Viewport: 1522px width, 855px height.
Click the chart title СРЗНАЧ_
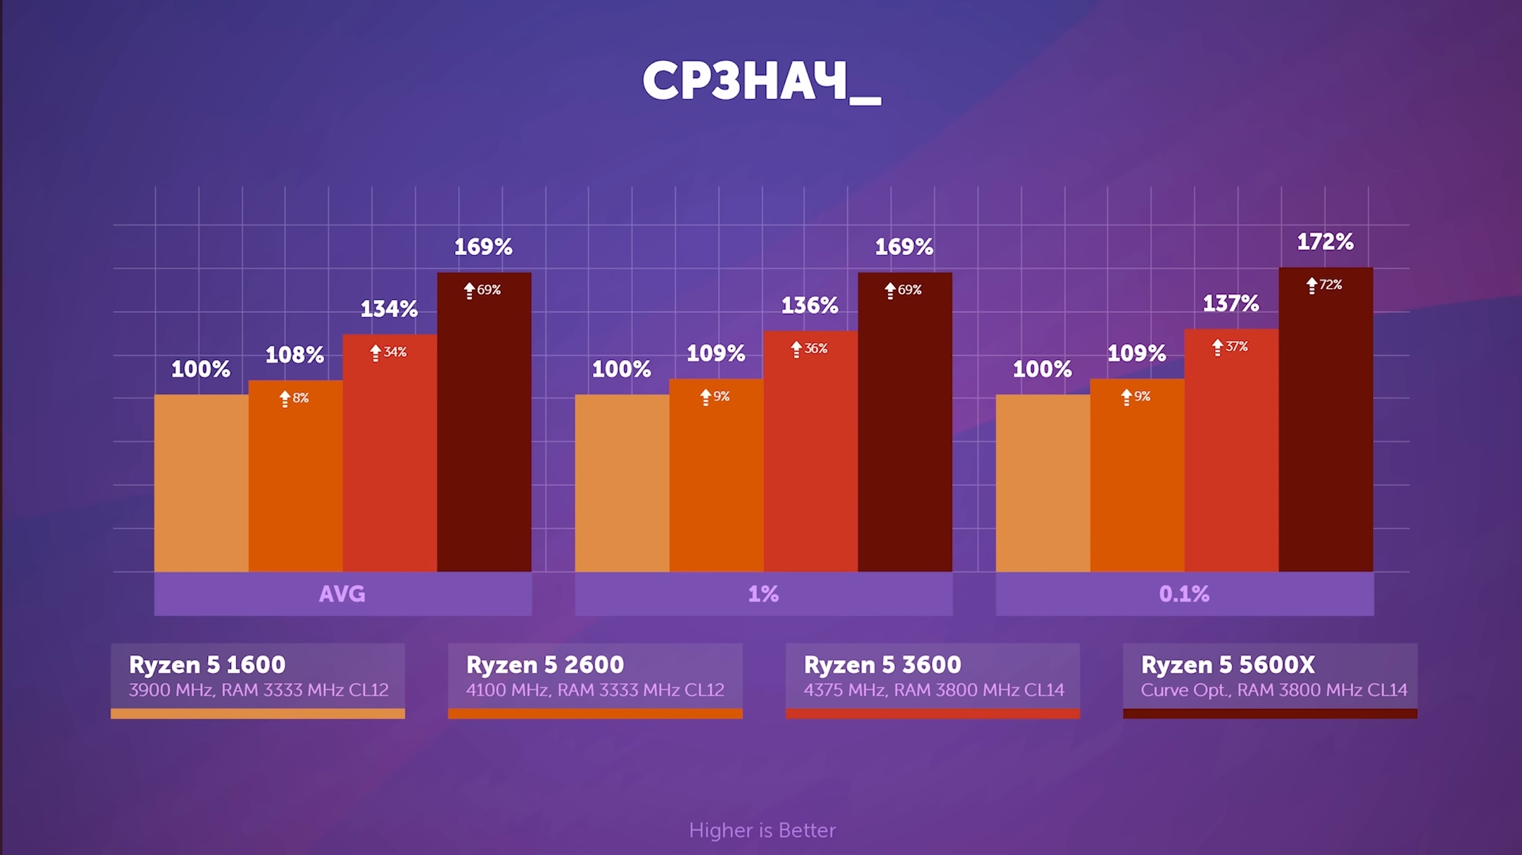click(x=761, y=82)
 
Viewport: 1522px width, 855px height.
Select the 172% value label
click(x=1325, y=242)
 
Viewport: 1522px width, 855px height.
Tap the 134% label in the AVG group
click(x=389, y=309)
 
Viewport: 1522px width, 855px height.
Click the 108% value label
click(x=295, y=355)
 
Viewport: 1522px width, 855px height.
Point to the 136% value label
click(x=809, y=306)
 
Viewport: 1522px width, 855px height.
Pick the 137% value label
click(x=1230, y=304)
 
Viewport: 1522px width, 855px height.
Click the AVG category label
click(x=342, y=594)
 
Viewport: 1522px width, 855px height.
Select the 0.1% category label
click(x=1184, y=594)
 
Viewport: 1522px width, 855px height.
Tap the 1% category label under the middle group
click(x=763, y=594)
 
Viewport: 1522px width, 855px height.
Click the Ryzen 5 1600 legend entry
click(x=207, y=665)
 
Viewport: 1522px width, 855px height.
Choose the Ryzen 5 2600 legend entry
click(x=545, y=665)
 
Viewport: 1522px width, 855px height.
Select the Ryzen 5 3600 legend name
click(x=882, y=665)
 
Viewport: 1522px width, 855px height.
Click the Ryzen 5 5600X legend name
click(x=1228, y=665)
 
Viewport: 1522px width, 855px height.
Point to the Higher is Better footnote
click(x=762, y=830)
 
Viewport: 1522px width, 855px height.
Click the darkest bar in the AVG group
click(x=484, y=427)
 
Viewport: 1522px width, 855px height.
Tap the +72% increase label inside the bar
click(x=1325, y=285)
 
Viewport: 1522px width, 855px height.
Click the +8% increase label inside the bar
click(x=295, y=398)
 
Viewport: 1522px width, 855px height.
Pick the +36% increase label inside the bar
click(x=809, y=349)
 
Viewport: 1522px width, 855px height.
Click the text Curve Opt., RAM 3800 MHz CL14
click(x=1274, y=690)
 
